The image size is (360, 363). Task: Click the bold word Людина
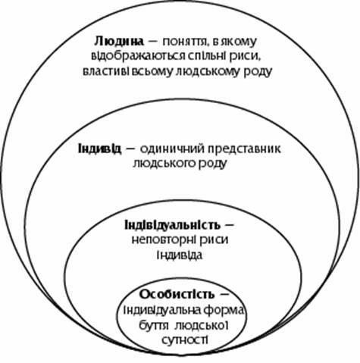point(119,41)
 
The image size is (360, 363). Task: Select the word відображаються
point(138,56)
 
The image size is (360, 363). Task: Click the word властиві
point(103,71)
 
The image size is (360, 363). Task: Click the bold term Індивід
point(100,149)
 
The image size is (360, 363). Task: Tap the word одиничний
point(173,149)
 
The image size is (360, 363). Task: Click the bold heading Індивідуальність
point(173,225)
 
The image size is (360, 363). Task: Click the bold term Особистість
point(177,295)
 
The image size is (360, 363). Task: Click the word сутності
point(185,340)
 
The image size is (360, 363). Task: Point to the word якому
point(238,42)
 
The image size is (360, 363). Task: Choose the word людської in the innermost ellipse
point(202,326)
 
